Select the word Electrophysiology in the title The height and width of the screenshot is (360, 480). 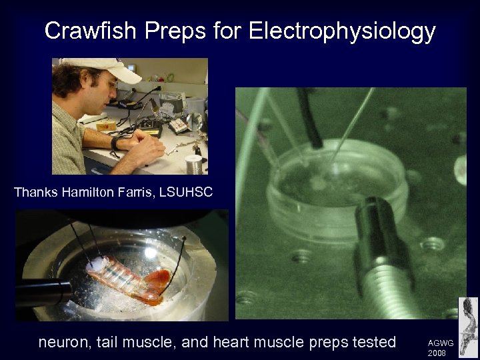[342, 31]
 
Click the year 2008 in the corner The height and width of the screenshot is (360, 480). [437, 353]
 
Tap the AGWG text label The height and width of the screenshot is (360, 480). [440, 343]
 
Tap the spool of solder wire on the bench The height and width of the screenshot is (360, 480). [193, 164]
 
